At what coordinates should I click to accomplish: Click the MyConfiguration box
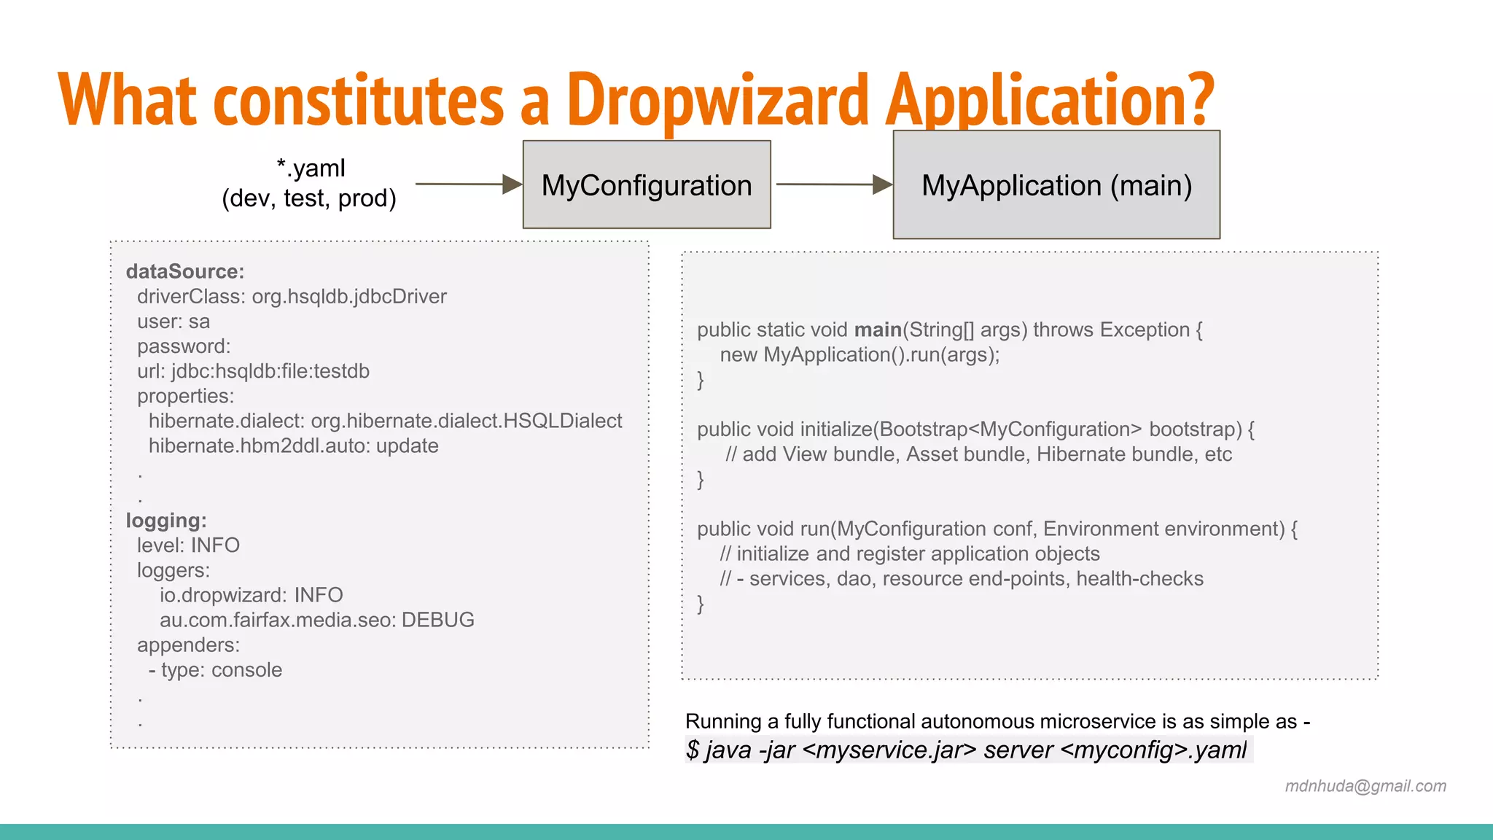tap(647, 185)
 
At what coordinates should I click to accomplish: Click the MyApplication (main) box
tap(1056, 185)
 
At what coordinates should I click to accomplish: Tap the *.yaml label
tap(311, 168)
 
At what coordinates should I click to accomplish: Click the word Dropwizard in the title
tap(717, 100)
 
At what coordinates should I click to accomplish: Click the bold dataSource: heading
tap(185, 271)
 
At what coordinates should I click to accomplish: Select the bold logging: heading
tap(166, 521)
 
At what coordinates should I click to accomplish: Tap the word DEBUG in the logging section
tap(437, 620)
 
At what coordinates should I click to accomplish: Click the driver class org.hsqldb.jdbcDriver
tap(349, 297)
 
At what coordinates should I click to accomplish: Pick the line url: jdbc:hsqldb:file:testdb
tap(253, 371)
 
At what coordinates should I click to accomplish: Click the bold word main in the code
tap(878, 330)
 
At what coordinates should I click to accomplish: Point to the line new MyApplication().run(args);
tap(859, 355)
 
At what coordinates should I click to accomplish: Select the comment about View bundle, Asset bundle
tap(978, 454)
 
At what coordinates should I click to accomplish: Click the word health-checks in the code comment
tap(1139, 579)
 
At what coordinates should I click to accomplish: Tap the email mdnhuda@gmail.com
tap(1365, 786)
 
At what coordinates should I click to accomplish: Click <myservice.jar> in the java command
tap(889, 750)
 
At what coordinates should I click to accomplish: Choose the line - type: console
tap(215, 670)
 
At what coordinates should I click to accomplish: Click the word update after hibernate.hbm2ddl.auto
tap(407, 446)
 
